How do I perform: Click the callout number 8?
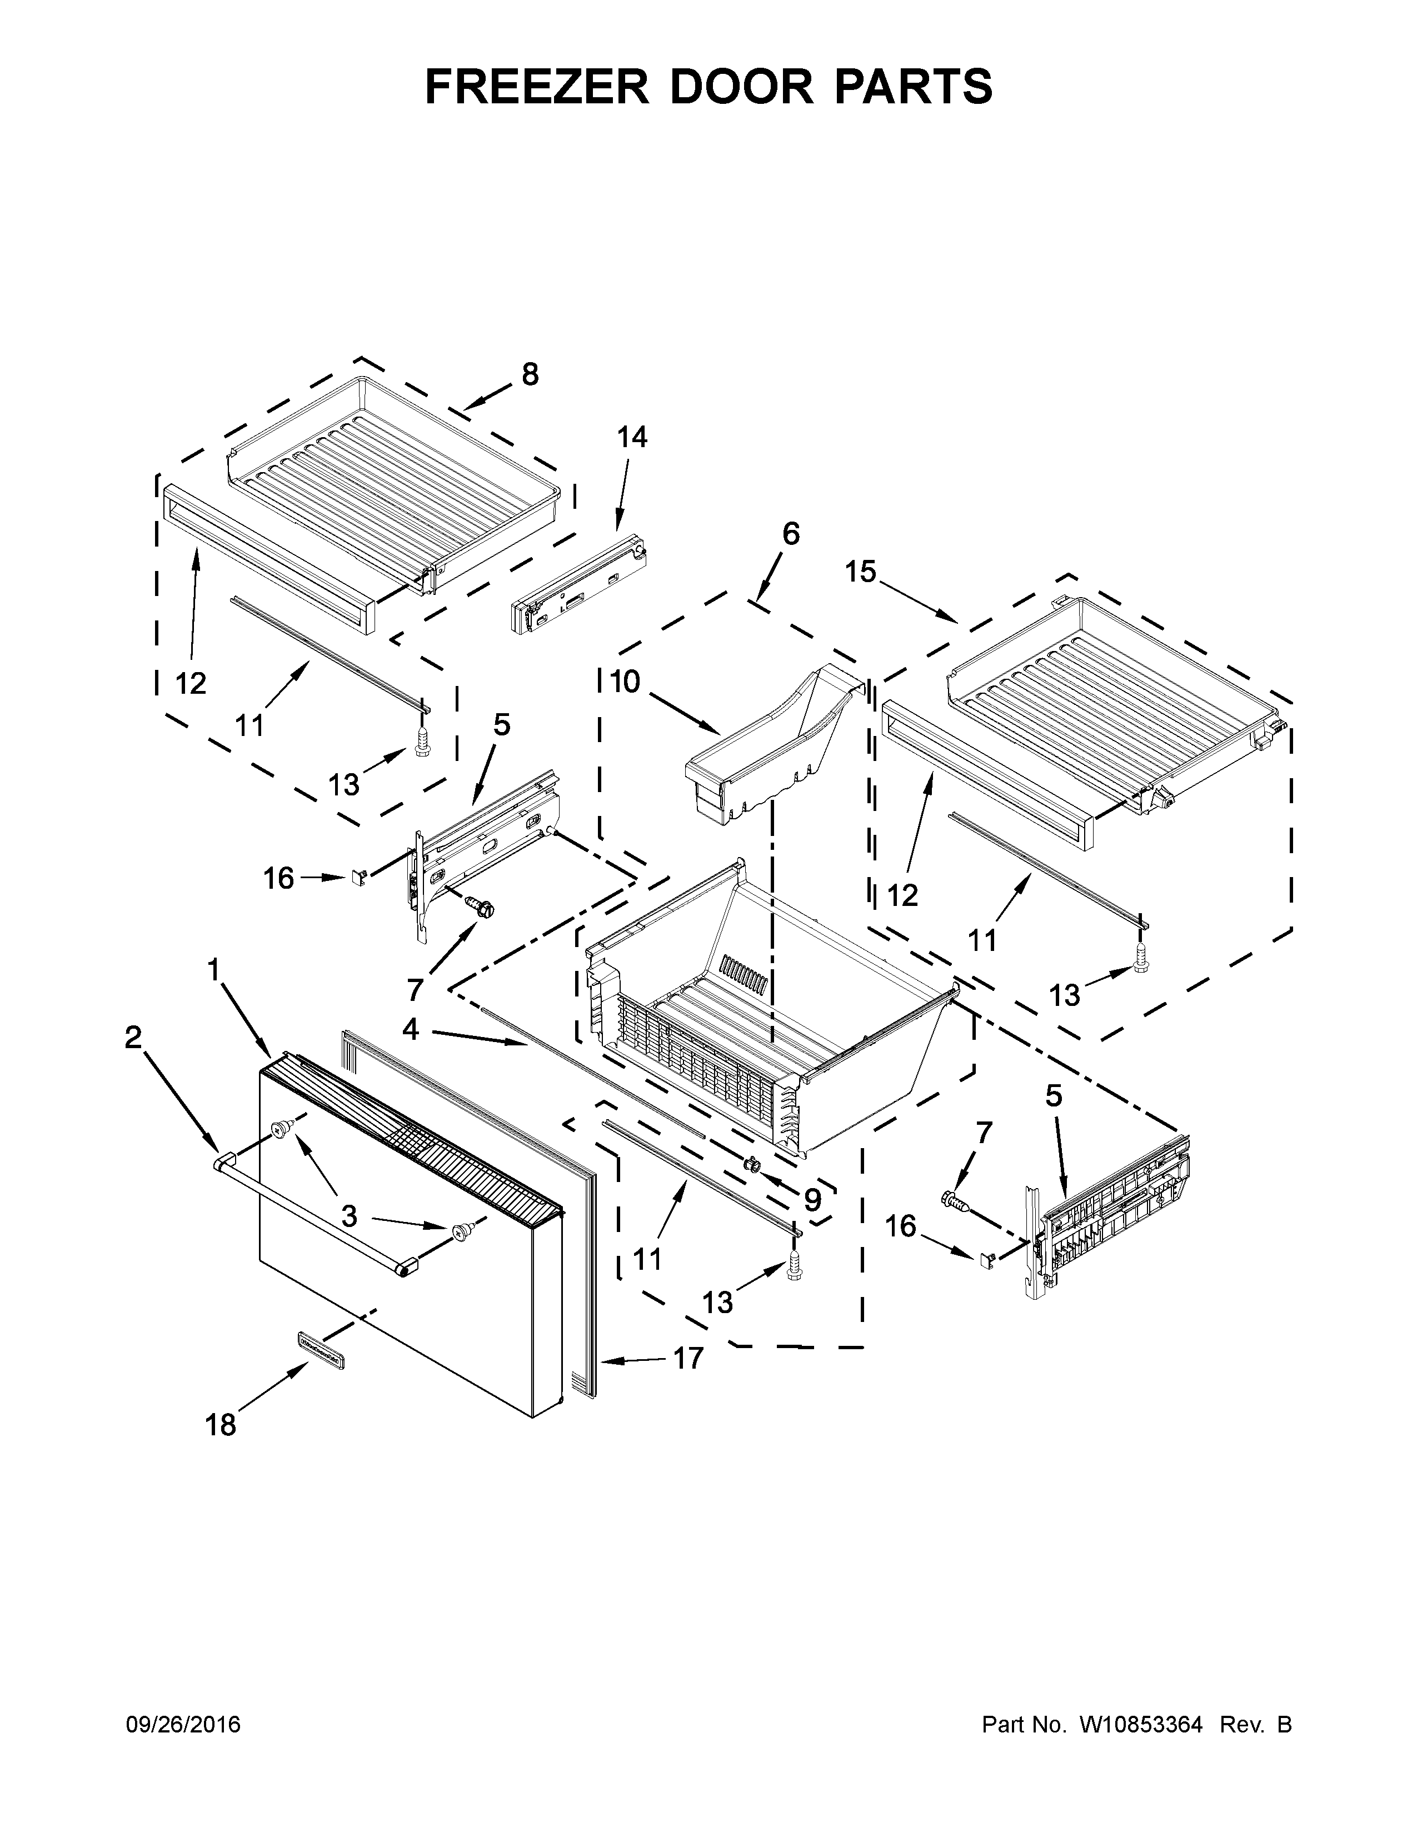tap(530, 374)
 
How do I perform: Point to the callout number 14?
tap(632, 437)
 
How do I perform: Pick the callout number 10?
tap(625, 682)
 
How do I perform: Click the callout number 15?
tap(860, 572)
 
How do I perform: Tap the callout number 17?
tap(688, 1358)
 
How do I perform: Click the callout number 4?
tap(410, 1029)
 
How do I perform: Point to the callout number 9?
tap(812, 1200)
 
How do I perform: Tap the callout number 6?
tap(791, 534)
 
